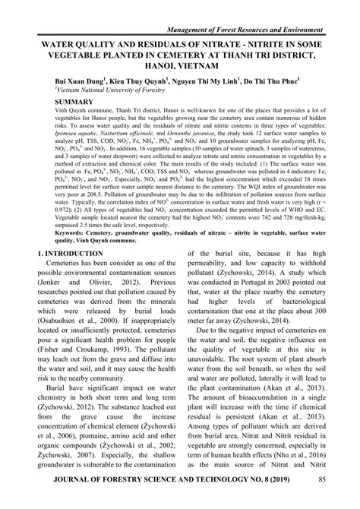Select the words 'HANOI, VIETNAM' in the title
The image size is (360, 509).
(180, 67)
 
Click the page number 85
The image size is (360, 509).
(323, 499)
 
